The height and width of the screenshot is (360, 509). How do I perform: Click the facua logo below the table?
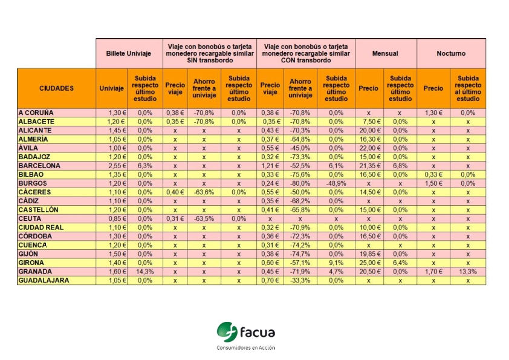(245, 332)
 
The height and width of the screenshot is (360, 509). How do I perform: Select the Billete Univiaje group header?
(128, 53)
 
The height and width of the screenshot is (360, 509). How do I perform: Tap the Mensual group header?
(385, 53)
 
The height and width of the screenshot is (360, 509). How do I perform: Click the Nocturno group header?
(451, 53)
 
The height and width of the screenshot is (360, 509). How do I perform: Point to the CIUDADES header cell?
(56, 88)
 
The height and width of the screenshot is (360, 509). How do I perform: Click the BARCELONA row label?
(39, 166)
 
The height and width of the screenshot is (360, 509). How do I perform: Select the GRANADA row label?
(36, 272)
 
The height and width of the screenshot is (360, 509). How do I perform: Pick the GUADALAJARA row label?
(44, 281)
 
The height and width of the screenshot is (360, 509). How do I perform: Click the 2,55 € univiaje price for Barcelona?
(111, 166)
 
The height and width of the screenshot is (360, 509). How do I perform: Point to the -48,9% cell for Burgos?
(336, 183)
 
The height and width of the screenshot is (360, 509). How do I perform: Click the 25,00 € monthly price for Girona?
(368, 263)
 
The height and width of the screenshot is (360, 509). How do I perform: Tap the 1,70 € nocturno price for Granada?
(433, 272)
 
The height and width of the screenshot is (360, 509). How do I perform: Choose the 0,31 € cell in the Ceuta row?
(175, 219)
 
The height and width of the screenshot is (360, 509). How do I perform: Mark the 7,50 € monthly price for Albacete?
(368, 122)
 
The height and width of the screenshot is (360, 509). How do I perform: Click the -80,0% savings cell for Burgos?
(300, 183)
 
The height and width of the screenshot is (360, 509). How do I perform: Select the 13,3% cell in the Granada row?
(468, 272)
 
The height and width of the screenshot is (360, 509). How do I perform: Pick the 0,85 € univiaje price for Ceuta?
(111, 219)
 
